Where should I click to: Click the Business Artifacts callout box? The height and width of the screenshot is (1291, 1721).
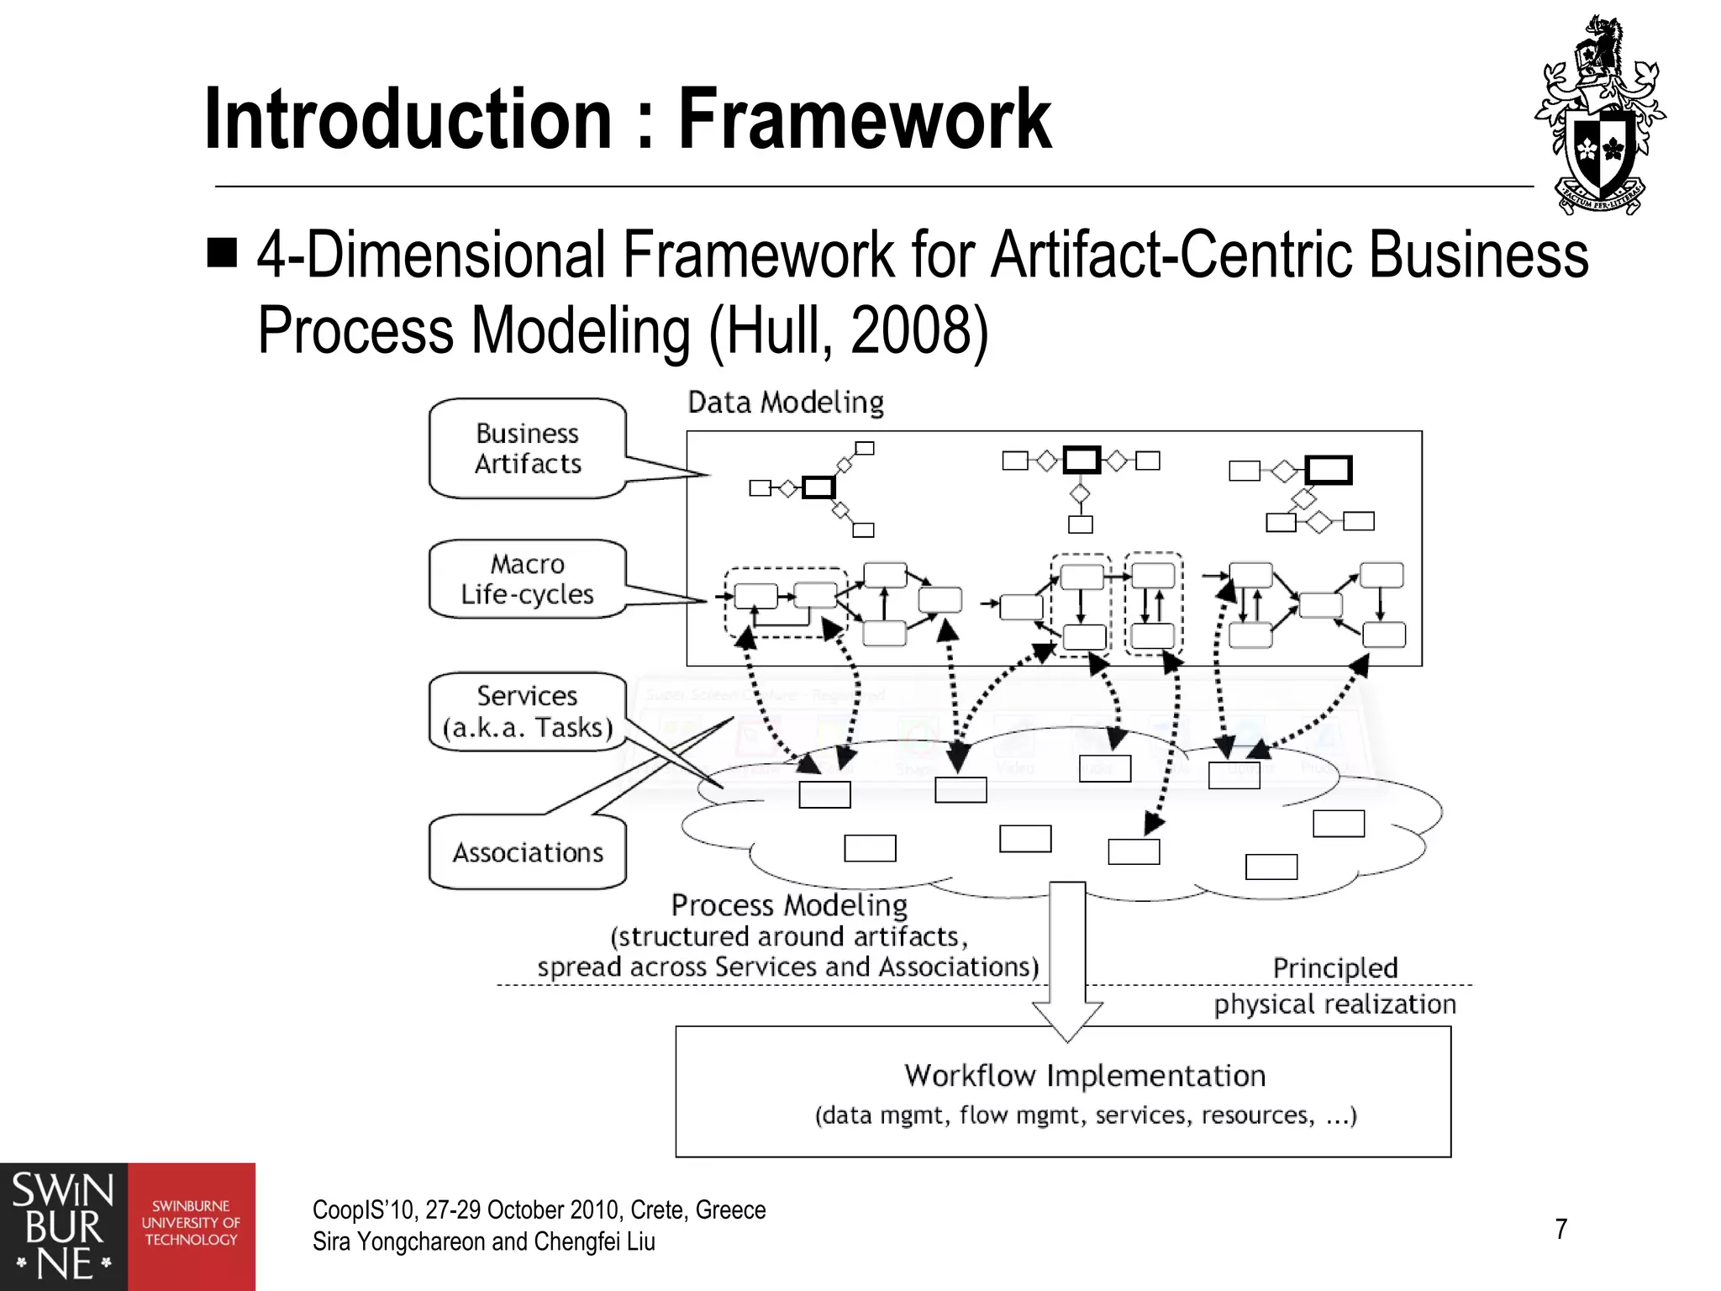tap(528, 448)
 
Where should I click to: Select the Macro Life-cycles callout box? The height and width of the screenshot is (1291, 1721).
tap(528, 579)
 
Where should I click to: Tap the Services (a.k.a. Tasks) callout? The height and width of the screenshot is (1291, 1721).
tap(528, 711)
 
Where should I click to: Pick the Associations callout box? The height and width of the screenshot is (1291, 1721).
tap(528, 852)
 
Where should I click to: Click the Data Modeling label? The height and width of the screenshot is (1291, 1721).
tap(786, 403)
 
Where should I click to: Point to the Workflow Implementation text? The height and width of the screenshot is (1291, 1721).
tap(1085, 1076)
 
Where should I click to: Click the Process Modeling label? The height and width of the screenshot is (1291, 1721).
tap(789, 905)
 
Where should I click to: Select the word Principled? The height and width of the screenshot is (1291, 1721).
tap(1335, 968)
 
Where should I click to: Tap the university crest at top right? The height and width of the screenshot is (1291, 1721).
tap(1600, 115)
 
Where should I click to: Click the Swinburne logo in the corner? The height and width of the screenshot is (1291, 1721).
tap(127, 1227)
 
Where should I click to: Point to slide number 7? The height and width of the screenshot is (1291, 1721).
tap(1560, 1230)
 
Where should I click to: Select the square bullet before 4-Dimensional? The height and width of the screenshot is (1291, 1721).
tap(222, 251)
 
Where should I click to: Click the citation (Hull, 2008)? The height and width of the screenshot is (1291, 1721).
tap(849, 330)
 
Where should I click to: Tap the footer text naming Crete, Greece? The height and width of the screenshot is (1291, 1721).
tap(539, 1210)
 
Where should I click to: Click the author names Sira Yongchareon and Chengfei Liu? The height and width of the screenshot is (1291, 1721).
tap(483, 1242)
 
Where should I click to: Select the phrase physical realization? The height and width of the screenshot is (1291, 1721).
tap(1334, 1004)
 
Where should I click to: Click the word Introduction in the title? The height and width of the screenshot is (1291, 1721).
tap(408, 119)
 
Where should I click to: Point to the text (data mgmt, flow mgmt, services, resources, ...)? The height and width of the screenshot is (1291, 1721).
tap(1085, 1115)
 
